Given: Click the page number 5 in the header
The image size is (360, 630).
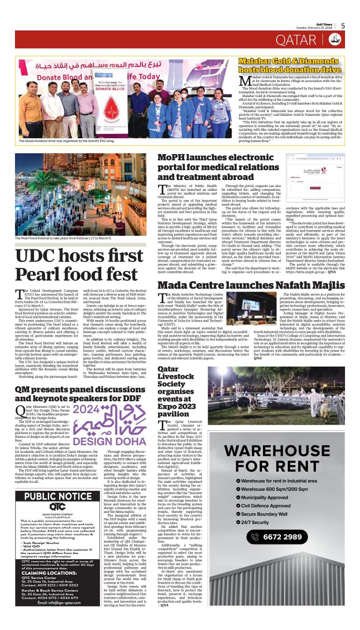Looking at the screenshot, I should [x=343, y=26].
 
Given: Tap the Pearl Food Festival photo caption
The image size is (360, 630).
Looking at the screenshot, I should [x=63, y=238].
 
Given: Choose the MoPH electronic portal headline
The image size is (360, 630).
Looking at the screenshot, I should [x=218, y=167].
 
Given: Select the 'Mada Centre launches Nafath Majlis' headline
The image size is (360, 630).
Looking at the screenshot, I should [x=251, y=285].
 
